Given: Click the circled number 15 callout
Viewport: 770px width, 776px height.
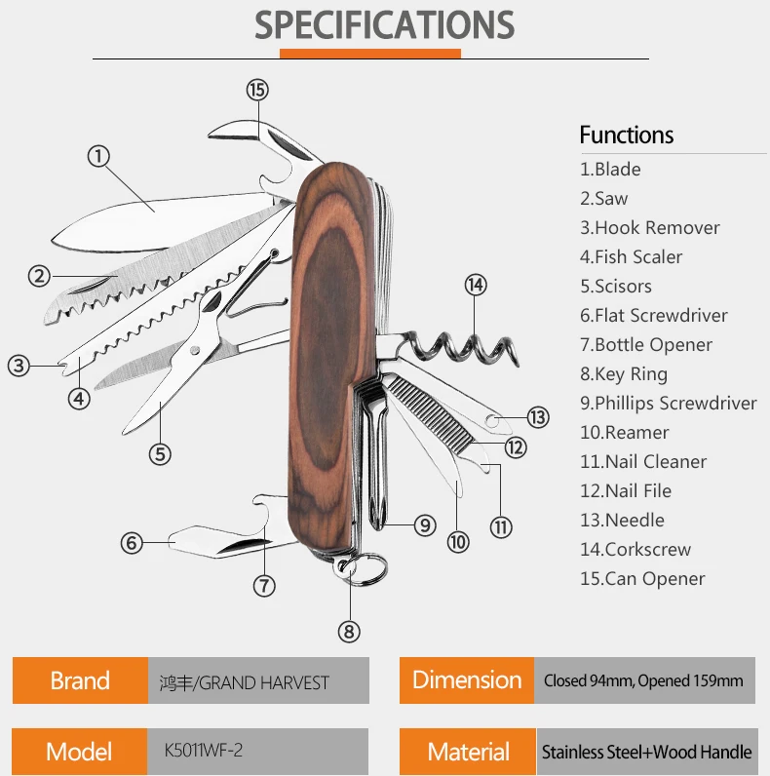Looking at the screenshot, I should click(256, 90).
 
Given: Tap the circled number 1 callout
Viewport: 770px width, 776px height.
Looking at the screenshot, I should click(98, 155).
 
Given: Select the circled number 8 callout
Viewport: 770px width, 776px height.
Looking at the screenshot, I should click(349, 632).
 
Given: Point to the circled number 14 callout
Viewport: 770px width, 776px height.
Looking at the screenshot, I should click(475, 286).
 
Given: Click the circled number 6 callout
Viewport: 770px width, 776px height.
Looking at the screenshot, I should click(133, 543).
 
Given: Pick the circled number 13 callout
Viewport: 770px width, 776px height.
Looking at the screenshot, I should click(538, 417).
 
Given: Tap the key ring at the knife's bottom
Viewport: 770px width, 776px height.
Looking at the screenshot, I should click(365, 569).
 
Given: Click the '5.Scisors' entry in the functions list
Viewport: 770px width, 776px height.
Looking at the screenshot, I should click(616, 287).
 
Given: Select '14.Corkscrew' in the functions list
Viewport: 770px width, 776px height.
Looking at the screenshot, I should click(635, 550).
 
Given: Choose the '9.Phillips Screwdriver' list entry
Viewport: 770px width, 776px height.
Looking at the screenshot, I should click(669, 404).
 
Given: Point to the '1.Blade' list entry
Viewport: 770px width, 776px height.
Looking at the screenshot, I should click(610, 170).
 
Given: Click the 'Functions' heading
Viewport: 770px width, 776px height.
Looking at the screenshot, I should click(627, 136).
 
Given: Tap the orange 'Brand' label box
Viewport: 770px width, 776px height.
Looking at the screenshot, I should click(80, 680).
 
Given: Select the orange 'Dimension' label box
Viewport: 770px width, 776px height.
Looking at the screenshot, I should click(467, 680).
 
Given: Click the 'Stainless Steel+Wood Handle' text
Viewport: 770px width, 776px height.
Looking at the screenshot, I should click(647, 753).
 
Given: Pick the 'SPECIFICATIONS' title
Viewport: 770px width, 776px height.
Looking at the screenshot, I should click(385, 25).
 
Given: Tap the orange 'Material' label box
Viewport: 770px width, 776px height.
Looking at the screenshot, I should click(468, 753).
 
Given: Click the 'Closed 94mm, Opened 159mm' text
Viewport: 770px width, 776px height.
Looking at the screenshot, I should click(643, 680).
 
